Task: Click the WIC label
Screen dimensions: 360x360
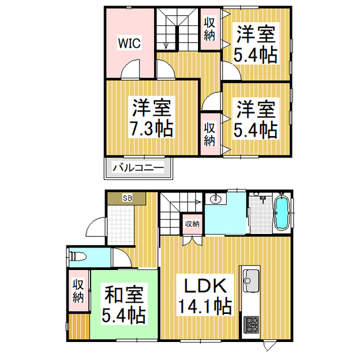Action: [x=129, y=42]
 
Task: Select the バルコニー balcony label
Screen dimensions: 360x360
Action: [x=138, y=167]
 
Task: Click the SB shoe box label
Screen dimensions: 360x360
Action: [x=128, y=199]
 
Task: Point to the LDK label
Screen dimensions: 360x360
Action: [x=202, y=285]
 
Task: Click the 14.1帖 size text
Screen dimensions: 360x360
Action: [x=204, y=306]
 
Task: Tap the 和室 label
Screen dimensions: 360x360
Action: [x=124, y=294]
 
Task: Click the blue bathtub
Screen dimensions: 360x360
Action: [x=281, y=213]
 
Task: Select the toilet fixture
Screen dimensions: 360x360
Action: [x=78, y=256]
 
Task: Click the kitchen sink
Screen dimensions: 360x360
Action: [x=250, y=277]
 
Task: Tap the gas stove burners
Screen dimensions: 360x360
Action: [x=250, y=325]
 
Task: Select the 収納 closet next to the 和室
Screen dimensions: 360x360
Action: [x=78, y=290]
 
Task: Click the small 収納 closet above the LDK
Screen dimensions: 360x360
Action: [x=192, y=224]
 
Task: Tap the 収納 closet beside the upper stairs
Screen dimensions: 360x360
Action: [x=210, y=29]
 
